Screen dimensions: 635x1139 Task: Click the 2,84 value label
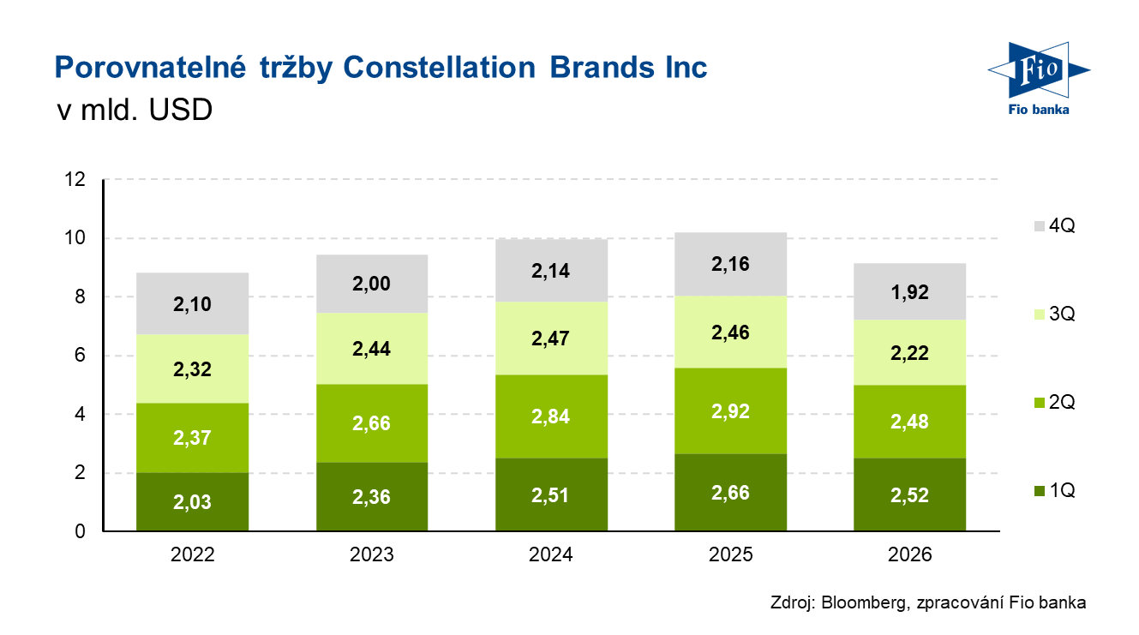(x=551, y=417)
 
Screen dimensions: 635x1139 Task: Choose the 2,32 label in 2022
(x=192, y=370)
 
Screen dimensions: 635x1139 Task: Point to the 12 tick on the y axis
(x=75, y=180)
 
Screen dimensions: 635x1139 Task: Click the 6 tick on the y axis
(x=80, y=356)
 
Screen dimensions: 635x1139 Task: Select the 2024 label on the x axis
(x=551, y=554)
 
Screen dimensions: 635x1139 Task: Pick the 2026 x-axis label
(x=910, y=554)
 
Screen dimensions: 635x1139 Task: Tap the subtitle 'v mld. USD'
(x=134, y=111)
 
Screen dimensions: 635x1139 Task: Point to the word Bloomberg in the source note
(x=860, y=602)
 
